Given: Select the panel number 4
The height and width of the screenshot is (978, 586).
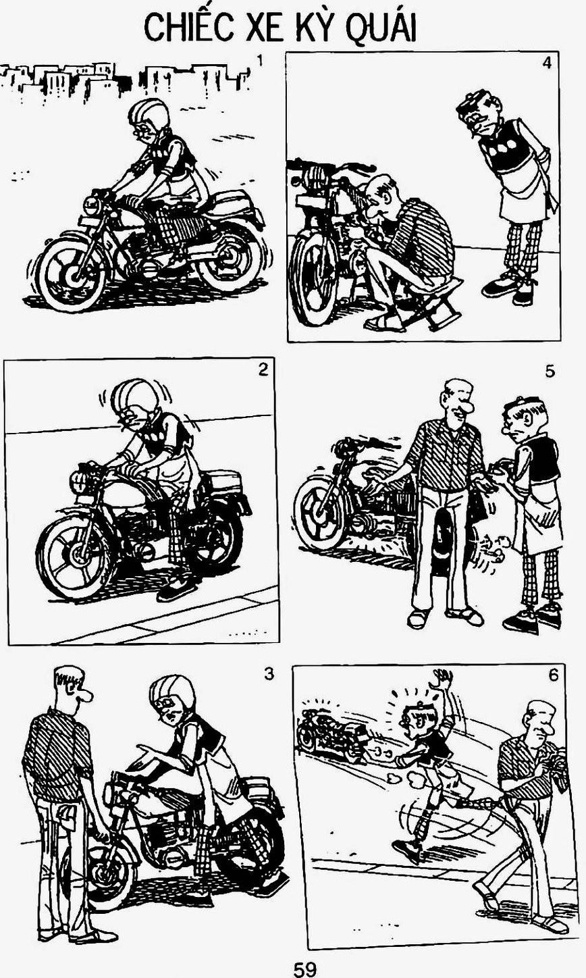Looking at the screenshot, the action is coord(547,63).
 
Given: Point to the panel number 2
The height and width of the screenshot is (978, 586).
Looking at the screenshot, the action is coord(263,369).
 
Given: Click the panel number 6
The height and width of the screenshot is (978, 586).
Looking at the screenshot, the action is coord(553,676).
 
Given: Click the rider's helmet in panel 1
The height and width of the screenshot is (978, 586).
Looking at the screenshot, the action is coord(148,114).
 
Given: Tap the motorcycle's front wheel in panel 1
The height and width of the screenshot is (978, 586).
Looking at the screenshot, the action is coord(72,274).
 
